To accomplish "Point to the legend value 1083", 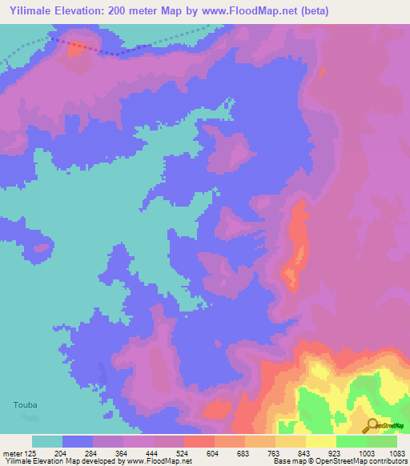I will click(x=397, y=452).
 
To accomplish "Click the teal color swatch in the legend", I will click(x=47, y=441).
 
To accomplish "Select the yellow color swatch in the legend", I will click(x=321, y=441).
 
